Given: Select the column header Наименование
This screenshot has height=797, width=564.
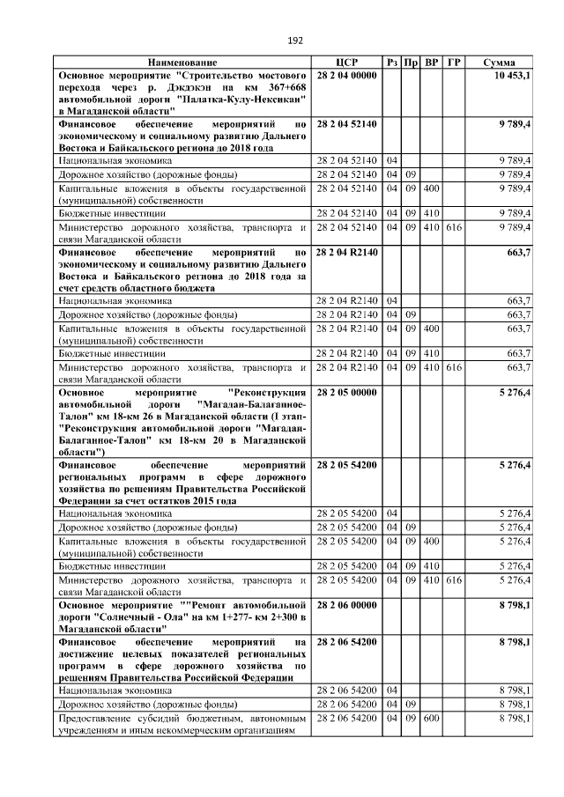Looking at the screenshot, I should pos(182,63).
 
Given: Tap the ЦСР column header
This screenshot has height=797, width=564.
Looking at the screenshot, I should pos(346,63).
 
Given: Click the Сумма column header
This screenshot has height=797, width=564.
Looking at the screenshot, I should pos(506,63).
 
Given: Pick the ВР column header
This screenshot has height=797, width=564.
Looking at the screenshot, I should pos(432,63).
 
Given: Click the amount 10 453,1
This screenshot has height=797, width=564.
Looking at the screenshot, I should pos(512,77).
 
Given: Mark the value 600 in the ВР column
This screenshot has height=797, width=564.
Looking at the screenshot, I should pos(431,719).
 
